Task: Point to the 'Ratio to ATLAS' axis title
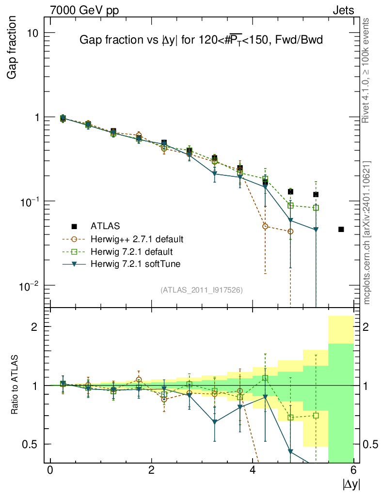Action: (x=15, y=385)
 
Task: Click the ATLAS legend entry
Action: (x=105, y=226)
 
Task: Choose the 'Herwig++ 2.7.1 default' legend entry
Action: (x=136, y=239)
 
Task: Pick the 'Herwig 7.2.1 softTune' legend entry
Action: (x=133, y=264)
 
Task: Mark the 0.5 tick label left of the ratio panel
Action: (x=33, y=444)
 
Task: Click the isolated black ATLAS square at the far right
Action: (x=341, y=229)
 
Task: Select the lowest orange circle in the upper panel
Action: (x=290, y=232)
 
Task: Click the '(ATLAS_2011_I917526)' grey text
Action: (x=202, y=290)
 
